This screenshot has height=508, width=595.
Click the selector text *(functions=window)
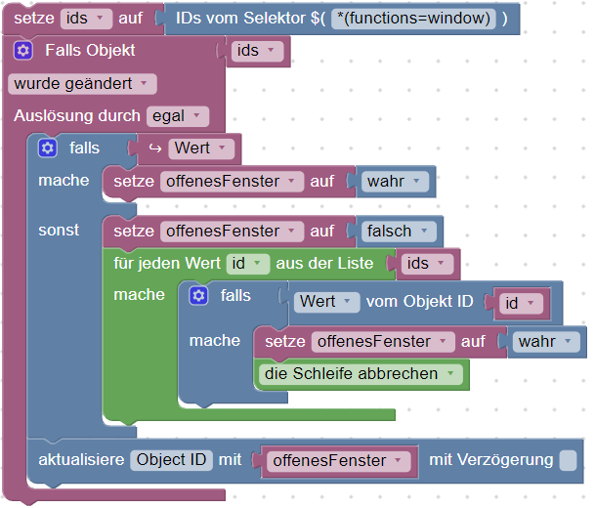pyautogui.click(x=413, y=19)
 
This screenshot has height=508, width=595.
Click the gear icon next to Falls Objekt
pyautogui.click(x=23, y=51)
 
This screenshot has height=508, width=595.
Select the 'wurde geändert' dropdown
pyautogui.click(x=82, y=84)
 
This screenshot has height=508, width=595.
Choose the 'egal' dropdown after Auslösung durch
pyautogui.click(x=177, y=116)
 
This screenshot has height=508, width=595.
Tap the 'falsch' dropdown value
pyautogui.click(x=399, y=232)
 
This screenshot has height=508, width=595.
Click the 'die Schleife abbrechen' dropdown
pyautogui.click(x=361, y=374)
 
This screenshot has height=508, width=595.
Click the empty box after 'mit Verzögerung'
pyautogui.click(x=568, y=460)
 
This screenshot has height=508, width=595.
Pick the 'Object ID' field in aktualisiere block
pyautogui.click(x=171, y=460)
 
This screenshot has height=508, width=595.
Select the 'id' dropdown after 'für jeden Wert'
pyautogui.click(x=248, y=264)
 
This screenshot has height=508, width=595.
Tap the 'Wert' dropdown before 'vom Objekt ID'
pyautogui.click(x=326, y=303)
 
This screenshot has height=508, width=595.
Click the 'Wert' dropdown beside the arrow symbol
pyautogui.click(x=201, y=148)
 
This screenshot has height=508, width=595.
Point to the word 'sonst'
pyautogui.click(x=59, y=231)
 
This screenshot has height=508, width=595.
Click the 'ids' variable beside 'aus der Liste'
pyautogui.click(x=427, y=264)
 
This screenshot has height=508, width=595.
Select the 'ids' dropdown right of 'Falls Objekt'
pyautogui.click(x=257, y=51)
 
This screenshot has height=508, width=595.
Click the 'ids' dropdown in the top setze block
pyautogui.click(x=86, y=19)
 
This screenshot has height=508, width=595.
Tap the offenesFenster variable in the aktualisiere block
pyautogui.click(x=339, y=461)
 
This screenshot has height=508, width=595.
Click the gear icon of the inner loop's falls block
pyautogui.click(x=198, y=296)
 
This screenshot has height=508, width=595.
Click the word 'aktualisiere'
pyautogui.click(x=81, y=460)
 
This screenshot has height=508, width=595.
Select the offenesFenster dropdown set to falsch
pyautogui.click(x=232, y=232)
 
